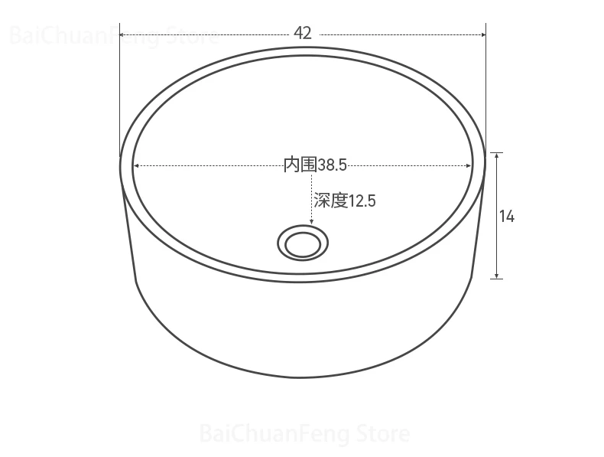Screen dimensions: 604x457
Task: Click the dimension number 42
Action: pyautogui.click(x=303, y=33)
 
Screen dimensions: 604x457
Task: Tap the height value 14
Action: pyautogui.click(x=507, y=217)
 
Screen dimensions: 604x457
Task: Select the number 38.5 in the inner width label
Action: pyautogui.click(x=332, y=165)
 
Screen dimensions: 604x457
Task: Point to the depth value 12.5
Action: pyautogui.click(x=362, y=201)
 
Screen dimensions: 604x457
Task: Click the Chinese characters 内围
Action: pyautogui.click(x=300, y=165)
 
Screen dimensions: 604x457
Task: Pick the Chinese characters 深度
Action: pyautogui.click(x=331, y=201)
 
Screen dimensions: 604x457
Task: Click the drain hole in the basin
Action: pyautogui.click(x=303, y=243)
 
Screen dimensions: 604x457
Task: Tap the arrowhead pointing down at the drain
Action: pyautogui.click(x=312, y=222)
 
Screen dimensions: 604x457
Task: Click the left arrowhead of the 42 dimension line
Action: pyautogui.click(x=122, y=34)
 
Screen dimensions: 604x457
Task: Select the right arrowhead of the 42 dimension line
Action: pyautogui.click(x=483, y=34)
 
